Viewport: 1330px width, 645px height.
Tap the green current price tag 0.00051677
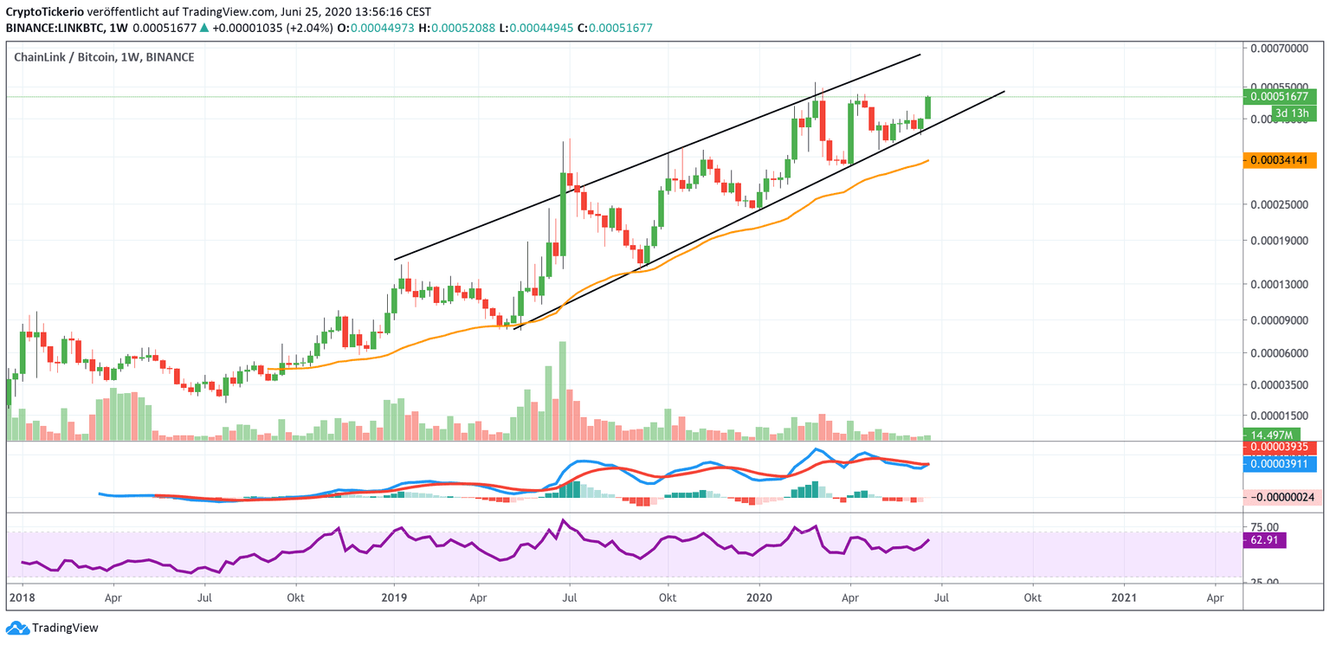tap(1279, 97)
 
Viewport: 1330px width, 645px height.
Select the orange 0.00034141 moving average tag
tap(1279, 160)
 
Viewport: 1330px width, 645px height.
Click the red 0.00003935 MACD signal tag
tap(1279, 448)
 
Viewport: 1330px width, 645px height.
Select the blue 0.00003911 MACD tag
tap(1279, 464)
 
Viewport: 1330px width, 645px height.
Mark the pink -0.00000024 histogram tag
tap(1279, 497)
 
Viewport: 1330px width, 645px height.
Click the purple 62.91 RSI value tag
tap(1267, 540)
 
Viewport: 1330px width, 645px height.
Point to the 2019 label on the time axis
tap(394, 597)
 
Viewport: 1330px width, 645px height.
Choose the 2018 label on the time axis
tap(20, 597)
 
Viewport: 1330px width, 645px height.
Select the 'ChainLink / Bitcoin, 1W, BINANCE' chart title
tap(104, 57)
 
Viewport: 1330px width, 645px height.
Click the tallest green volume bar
tap(562, 390)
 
